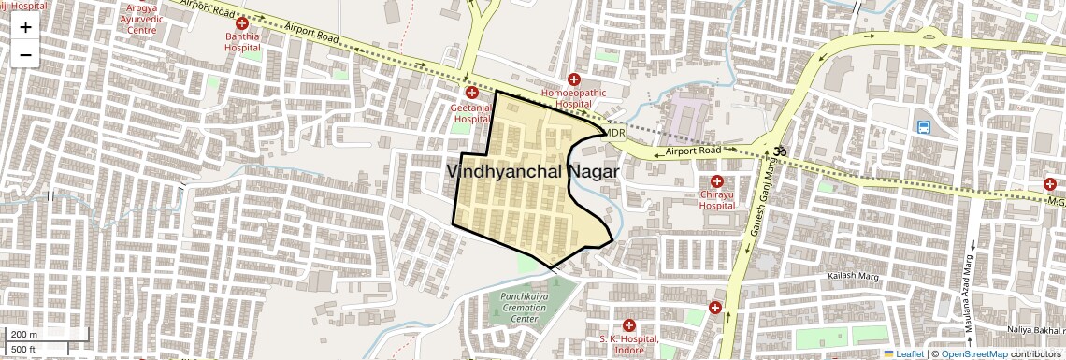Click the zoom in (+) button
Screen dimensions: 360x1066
click(x=25, y=27)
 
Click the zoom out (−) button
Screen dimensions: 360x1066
click(x=25, y=55)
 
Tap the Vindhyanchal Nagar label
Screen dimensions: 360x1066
click(x=533, y=172)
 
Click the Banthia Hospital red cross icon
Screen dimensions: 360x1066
click(x=242, y=23)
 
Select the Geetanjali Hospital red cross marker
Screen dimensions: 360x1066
click(x=472, y=94)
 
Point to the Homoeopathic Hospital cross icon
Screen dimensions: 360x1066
click(x=574, y=80)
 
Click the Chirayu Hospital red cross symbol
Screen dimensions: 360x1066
click(x=717, y=180)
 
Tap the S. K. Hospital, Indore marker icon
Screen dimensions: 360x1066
click(x=629, y=324)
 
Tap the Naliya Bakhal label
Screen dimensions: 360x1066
click(x=1036, y=330)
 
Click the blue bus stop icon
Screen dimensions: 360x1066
click(x=924, y=127)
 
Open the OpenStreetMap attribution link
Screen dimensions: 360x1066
click(x=973, y=353)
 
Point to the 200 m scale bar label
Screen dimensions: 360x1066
click(x=24, y=335)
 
